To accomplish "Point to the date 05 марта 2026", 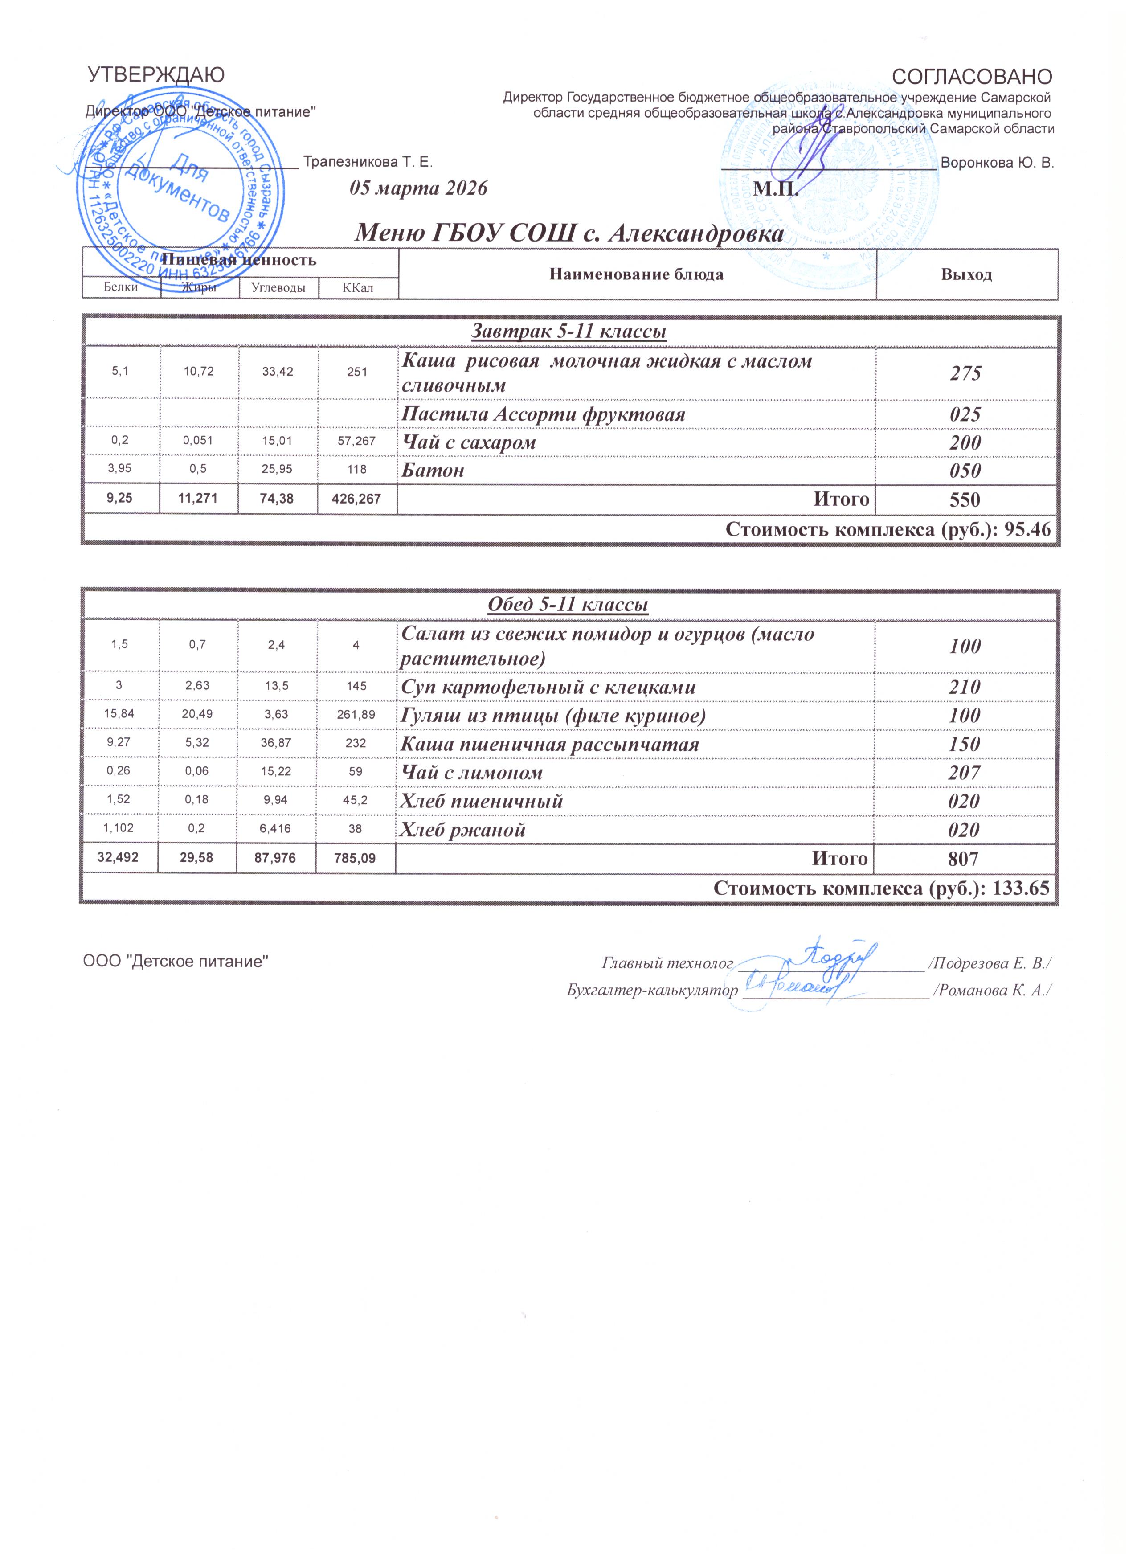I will pyautogui.click(x=418, y=188).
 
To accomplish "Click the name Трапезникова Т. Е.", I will pyautogui.click(x=368, y=162).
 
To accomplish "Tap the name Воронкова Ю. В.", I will pyautogui.click(x=997, y=164).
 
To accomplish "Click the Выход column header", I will pyautogui.click(x=966, y=274).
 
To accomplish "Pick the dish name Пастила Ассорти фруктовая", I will pyautogui.click(x=544, y=414).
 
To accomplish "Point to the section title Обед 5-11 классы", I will pyautogui.click(x=568, y=605).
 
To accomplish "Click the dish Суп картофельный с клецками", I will pyautogui.click(x=548, y=688).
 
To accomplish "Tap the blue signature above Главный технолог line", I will pyautogui.click(x=835, y=955).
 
